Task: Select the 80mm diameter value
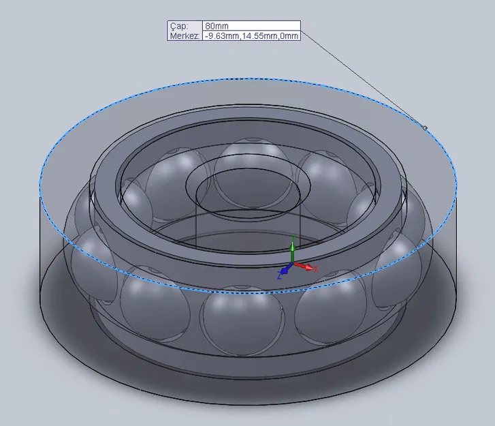[217, 26]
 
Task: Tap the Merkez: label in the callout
[184, 35]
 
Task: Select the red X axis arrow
[307, 267]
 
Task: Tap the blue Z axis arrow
[284, 271]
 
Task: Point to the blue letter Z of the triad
[279, 277]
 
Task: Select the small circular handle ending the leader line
[425, 127]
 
